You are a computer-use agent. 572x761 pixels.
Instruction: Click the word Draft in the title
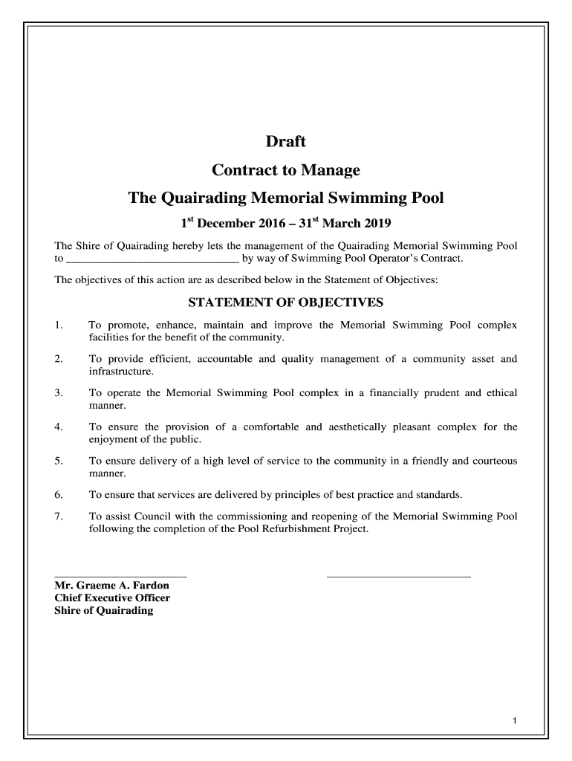286,141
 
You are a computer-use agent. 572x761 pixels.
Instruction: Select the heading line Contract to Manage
286,170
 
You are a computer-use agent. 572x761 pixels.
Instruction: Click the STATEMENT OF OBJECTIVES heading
286,302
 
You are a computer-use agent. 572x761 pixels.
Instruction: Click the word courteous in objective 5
492,461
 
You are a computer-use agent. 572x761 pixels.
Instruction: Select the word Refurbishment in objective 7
293,529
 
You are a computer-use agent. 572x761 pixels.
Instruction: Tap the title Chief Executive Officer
112,598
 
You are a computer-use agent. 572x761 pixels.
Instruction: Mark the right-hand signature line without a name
399,576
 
